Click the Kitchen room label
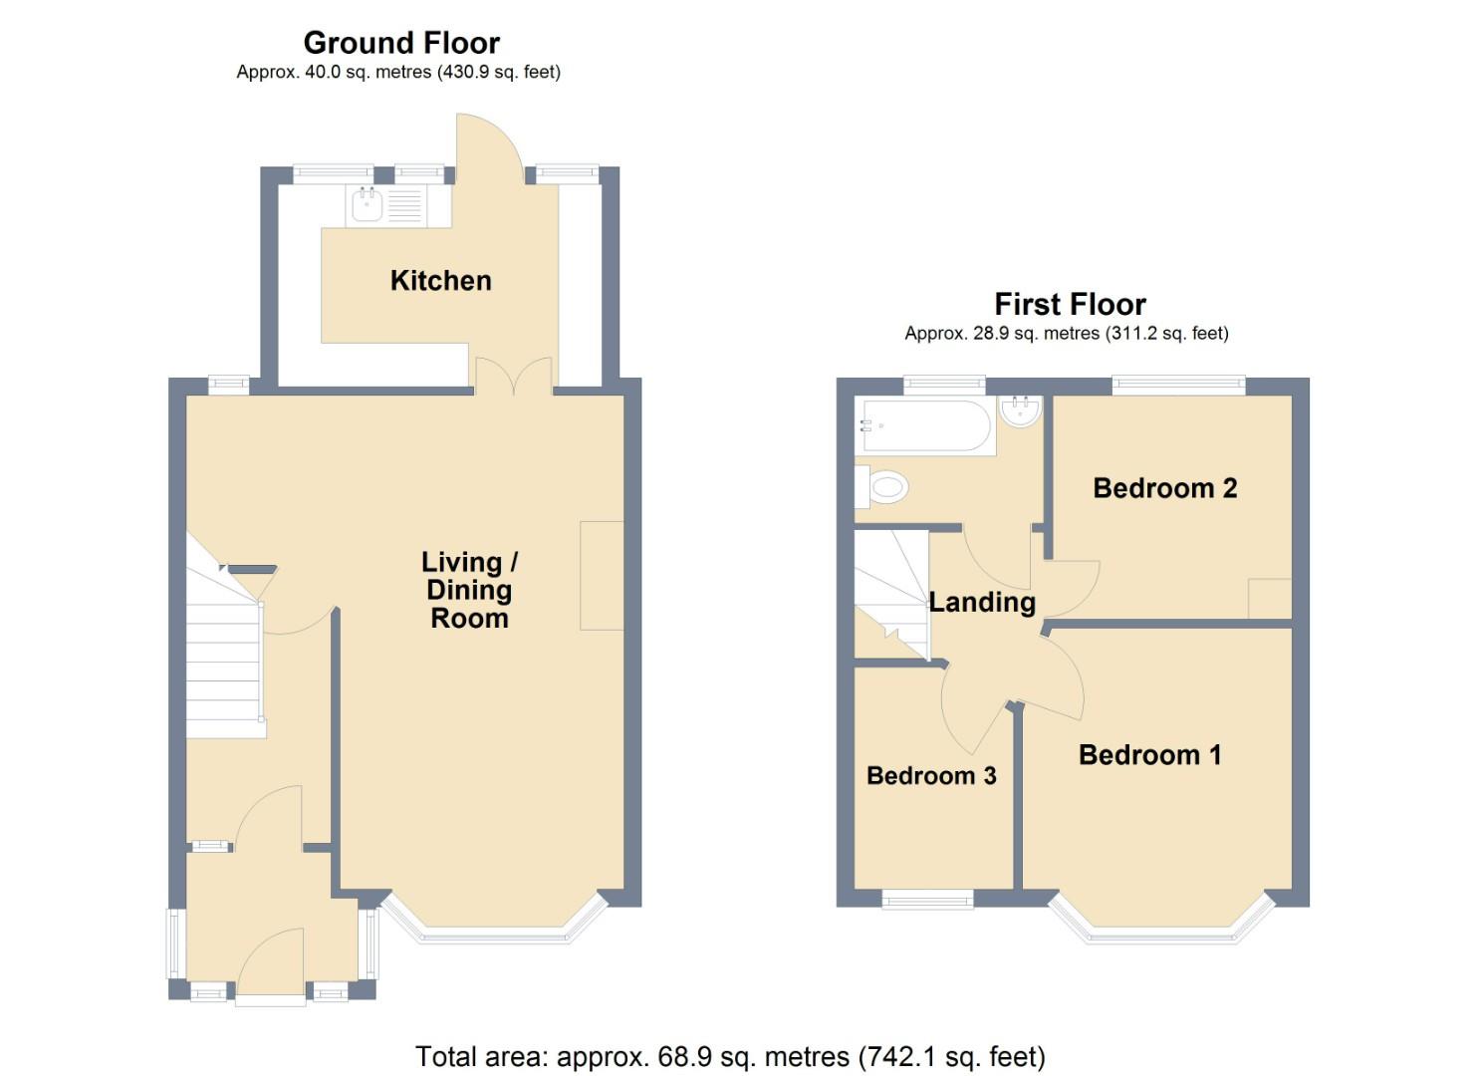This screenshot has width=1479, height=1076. (x=440, y=281)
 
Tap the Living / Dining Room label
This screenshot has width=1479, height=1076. (x=468, y=590)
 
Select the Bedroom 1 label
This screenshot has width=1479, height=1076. (x=1149, y=755)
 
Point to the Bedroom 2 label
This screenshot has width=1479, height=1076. (x=1164, y=488)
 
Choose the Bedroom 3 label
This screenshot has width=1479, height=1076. (x=931, y=776)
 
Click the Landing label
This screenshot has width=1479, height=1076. (x=982, y=602)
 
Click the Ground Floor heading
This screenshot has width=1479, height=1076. (x=401, y=43)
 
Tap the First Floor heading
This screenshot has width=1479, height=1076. (x=1070, y=304)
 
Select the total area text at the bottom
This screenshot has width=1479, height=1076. (x=730, y=1056)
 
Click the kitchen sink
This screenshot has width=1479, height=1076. (x=367, y=206)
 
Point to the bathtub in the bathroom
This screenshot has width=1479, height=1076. (x=925, y=426)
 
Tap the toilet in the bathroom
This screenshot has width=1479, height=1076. (x=884, y=488)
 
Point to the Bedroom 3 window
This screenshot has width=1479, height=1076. (x=927, y=900)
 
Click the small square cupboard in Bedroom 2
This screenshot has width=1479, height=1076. (x=1270, y=599)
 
